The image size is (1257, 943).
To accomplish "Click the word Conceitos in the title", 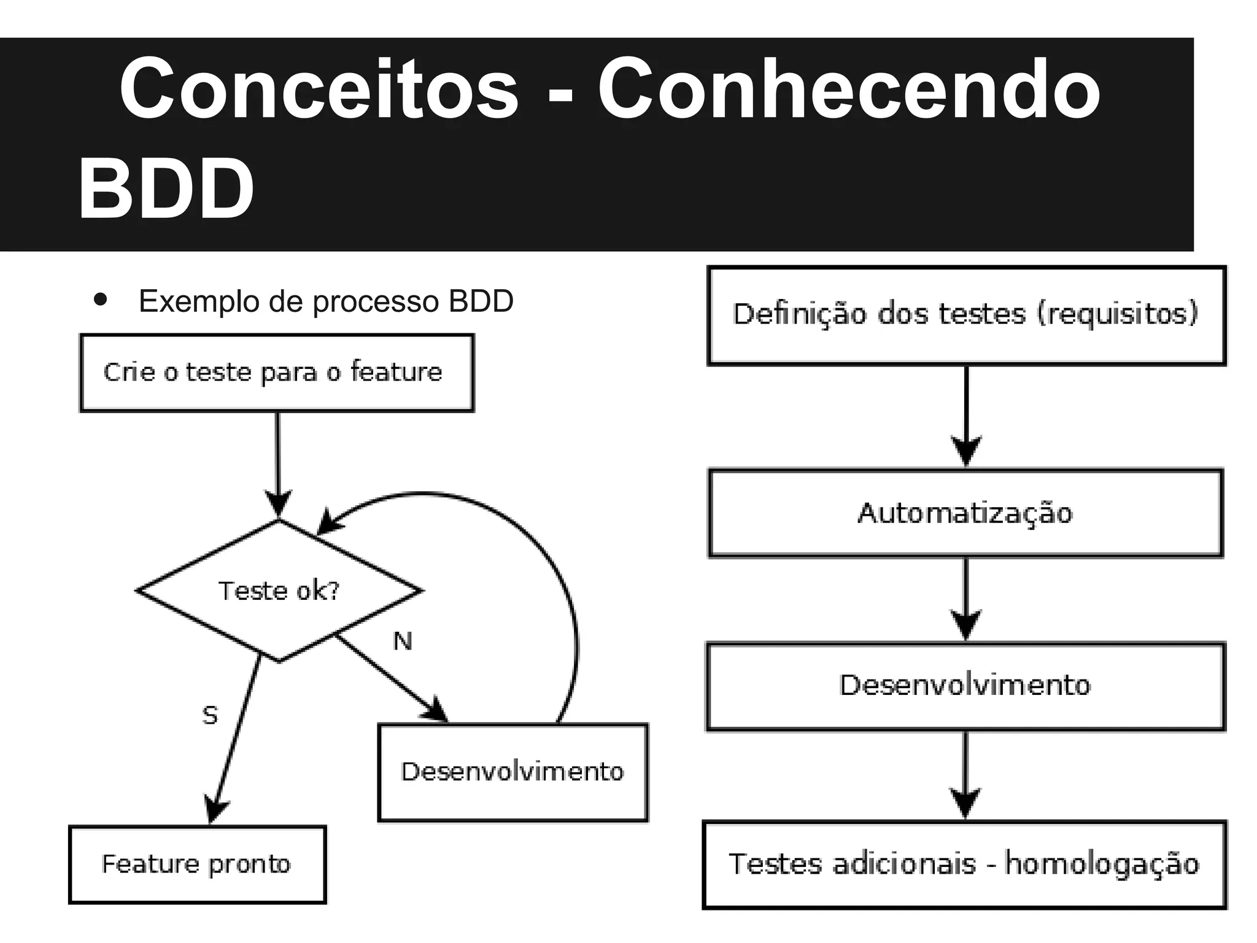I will click(x=319, y=89).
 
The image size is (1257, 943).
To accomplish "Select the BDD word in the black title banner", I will click(x=166, y=188).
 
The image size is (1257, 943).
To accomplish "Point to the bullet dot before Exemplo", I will click(x=100, y=301).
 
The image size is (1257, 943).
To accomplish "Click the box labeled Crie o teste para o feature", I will click(x=277, y=373).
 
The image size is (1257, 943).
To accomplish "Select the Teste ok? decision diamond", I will click(x=279, y=591).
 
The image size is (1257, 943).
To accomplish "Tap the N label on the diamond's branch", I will click(x=403, y=642).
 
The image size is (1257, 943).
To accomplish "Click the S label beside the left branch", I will click(x=210, y=715).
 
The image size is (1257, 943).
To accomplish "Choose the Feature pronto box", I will click(x=197, y=864).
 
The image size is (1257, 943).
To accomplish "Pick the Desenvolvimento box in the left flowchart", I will click(x=512, y=772).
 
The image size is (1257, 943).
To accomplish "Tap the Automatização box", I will click(x=965, y=513).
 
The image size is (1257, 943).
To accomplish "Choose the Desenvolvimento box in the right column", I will click(x=965, y=686).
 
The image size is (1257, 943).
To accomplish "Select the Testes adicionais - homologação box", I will click(x=964, y=864).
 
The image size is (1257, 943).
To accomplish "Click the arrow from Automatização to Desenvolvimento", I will click(x=966, y=599).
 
